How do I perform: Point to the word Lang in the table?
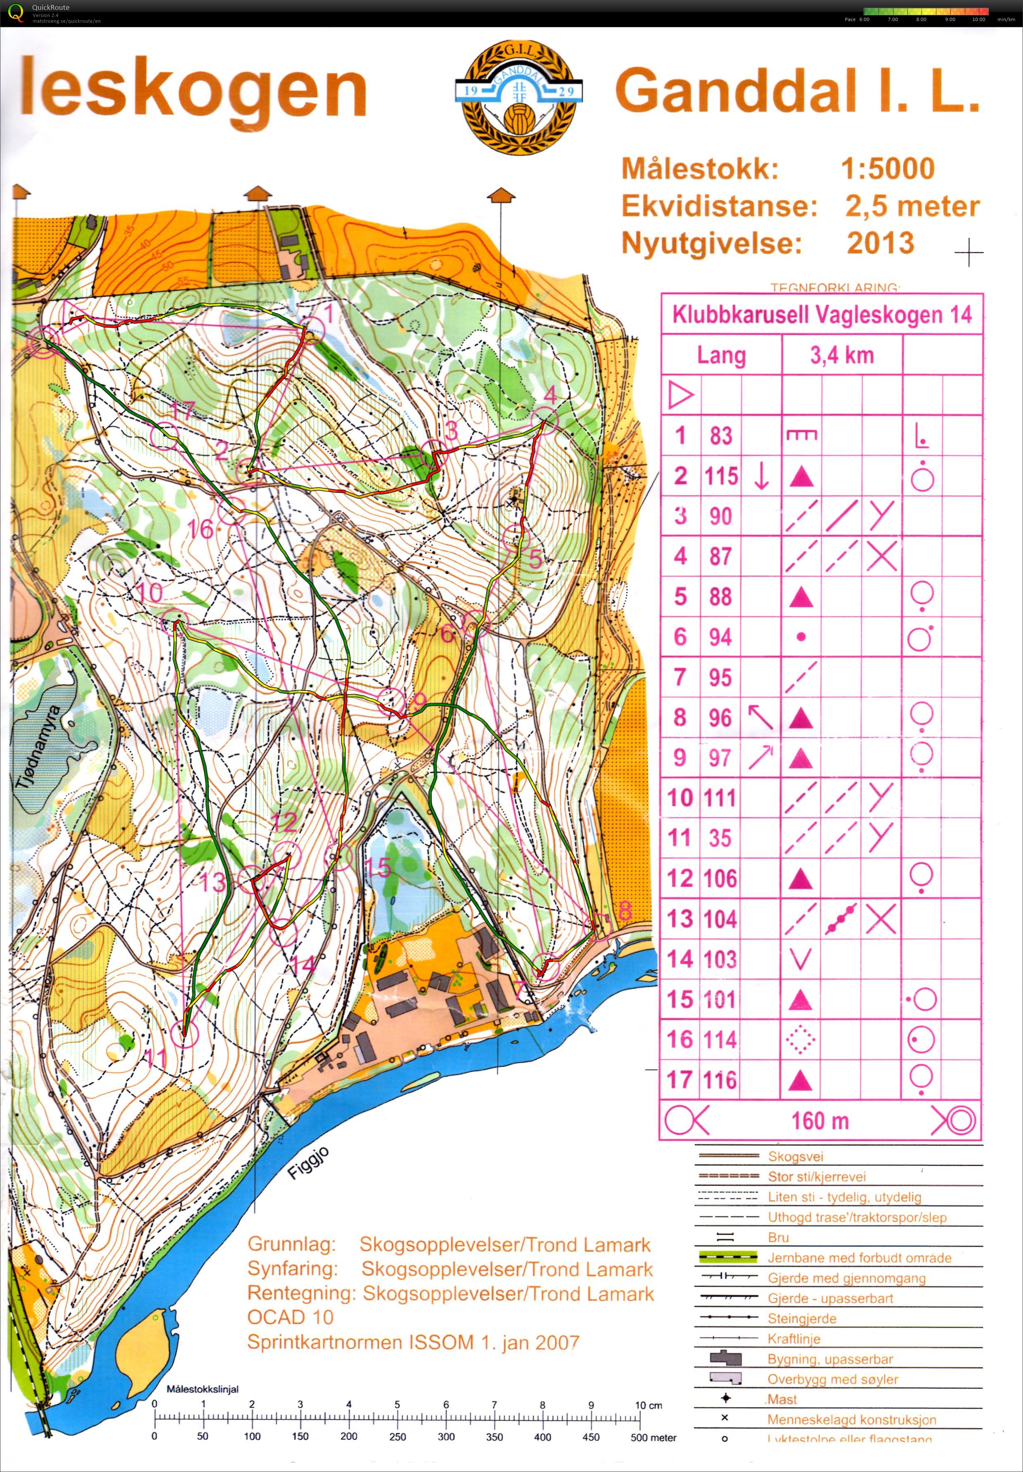[721, 356]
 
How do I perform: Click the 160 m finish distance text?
[820, 1121]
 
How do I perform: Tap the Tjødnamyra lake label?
[37, 746]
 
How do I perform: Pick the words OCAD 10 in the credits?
[291, 1317]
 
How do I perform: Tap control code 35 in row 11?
[721, 838]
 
